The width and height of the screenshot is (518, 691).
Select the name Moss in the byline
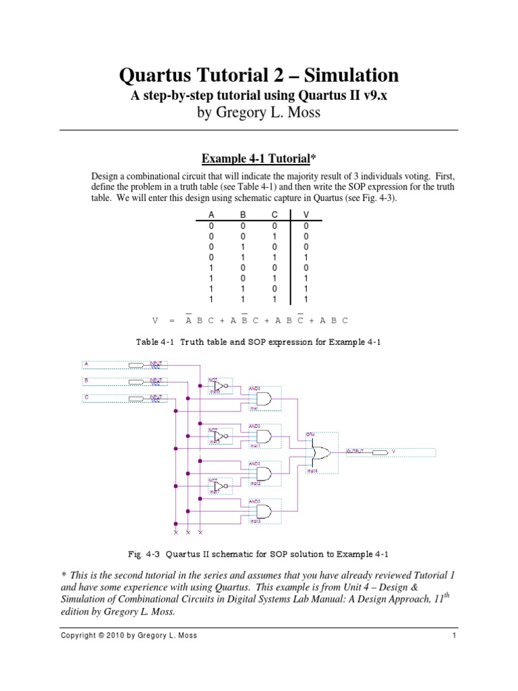299,113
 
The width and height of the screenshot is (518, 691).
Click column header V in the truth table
306,215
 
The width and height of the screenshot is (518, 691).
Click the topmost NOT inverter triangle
219,386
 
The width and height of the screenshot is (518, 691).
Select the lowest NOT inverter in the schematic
219,485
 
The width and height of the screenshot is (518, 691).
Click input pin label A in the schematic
86,364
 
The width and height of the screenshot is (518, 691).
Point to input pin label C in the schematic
86,397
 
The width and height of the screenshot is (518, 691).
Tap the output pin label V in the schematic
394,451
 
